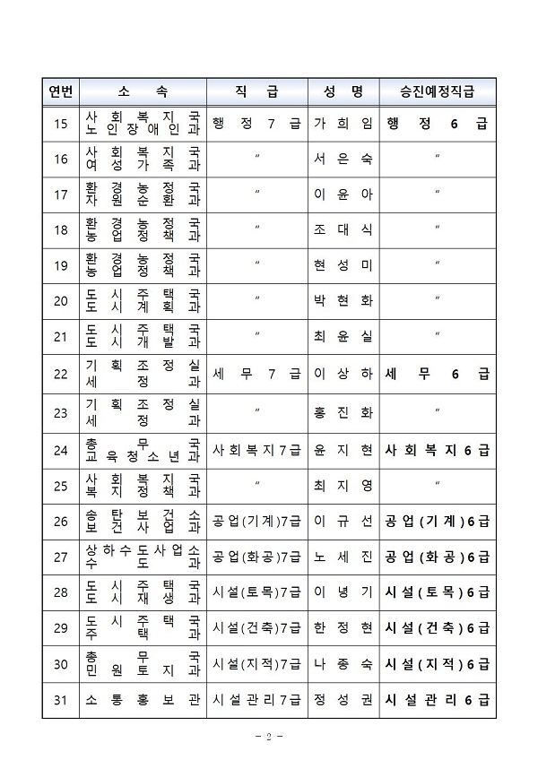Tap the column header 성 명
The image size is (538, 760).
click(x=343, y=91)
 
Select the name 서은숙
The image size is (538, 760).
click(x=343, y=160)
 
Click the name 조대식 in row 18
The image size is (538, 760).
click(x=343, y=229)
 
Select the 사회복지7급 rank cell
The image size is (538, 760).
click(x=256, y=451)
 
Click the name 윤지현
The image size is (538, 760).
click(x=343, y=451)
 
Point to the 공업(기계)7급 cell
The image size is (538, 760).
click(x=256, y=521)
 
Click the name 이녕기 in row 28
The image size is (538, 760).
click(x=343, y=592)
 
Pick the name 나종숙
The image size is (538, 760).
click(x=343, y=664)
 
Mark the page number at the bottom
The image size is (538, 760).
click(x=268, y=736)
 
